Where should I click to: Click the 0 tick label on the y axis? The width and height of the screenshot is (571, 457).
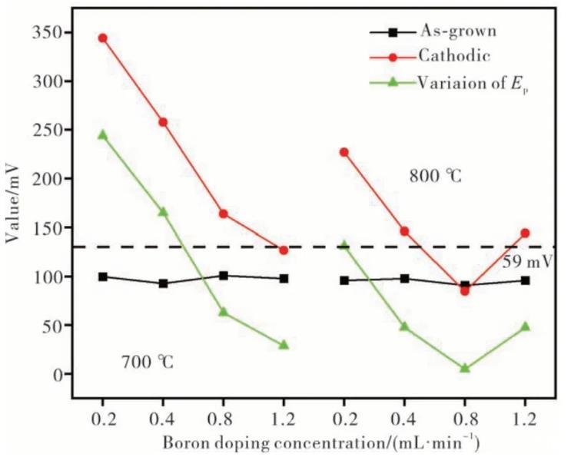pos(58,375)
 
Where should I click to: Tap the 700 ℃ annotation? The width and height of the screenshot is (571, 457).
pos(148,361)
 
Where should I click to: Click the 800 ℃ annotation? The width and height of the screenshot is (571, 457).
pos(435,176)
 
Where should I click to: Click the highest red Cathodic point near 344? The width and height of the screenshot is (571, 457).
pos(102,38)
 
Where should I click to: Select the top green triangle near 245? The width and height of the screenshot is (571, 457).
pos(102,134)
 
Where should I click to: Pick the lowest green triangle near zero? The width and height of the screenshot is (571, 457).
pos(464,368)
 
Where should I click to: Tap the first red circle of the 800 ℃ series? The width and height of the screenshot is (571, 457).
pos(344,152)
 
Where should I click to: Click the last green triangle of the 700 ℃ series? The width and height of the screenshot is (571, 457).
pos(284,345)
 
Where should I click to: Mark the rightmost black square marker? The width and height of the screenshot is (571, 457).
pos(525,280)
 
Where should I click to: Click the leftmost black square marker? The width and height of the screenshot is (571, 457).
pos(102,277)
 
